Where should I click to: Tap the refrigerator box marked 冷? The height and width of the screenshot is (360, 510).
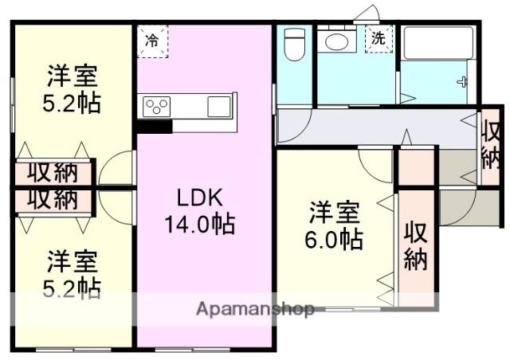pyautogui.click(x=151, y=41)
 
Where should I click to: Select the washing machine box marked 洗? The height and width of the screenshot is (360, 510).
pyautogui.click(x=379, y=38)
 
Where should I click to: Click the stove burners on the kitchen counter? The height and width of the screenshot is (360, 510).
pyautogui.click(x=156, y=106)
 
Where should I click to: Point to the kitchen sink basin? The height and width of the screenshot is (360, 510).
pyautogui.click(x=218, y=106)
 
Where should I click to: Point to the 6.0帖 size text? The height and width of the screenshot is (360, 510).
pyautogui.click(x=335, y=238)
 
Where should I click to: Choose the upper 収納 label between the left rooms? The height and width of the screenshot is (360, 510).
pyautogui.click(x=53, y=172)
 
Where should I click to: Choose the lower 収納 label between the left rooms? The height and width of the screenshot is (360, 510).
pyautogui.click(x=53, y=198)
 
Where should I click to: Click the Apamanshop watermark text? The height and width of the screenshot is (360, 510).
pyautogui.click(x=255, y=309)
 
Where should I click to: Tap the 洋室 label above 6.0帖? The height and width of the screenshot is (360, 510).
pyautogui.click(x=335, y=213)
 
